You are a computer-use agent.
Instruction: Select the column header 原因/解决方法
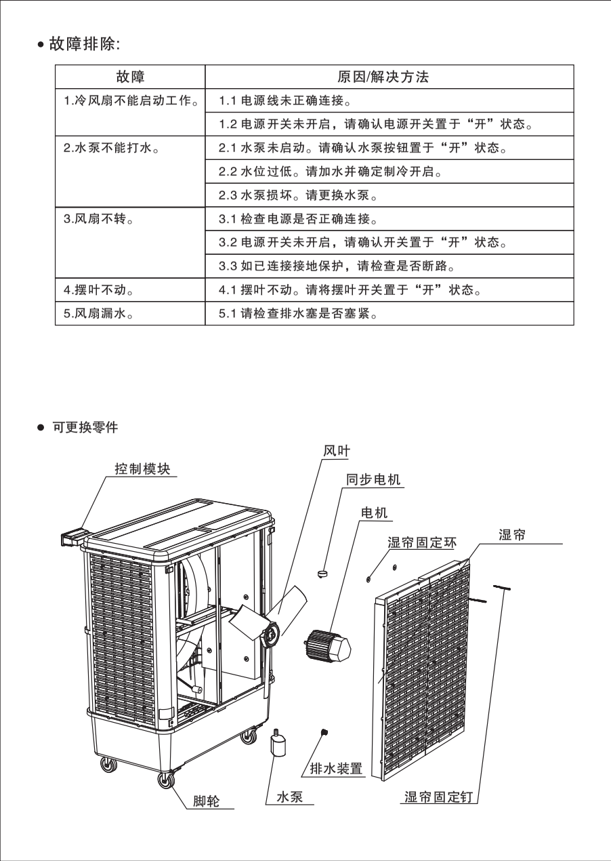coord(383,77)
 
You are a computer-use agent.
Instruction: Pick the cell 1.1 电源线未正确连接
coord(285,102)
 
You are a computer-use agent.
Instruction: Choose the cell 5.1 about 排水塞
coord(298,315)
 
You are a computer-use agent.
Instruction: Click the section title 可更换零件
coord(85,428)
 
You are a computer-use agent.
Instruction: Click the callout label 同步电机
coord(373,480)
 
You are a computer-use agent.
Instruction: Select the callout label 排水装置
coord(336,769)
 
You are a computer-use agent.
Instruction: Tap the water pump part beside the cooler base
coord(278,746)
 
